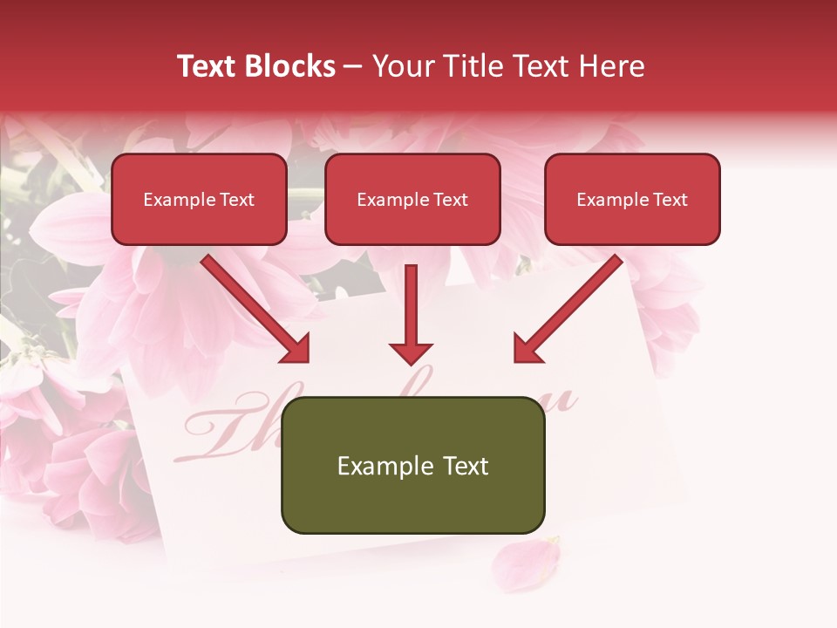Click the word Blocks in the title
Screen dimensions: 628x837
pos(291,66)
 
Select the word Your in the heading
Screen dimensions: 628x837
pos(398,66)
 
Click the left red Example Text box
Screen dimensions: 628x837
pos(199,200)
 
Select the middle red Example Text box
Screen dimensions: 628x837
pos(412,200)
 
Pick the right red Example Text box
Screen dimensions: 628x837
pos(632,200)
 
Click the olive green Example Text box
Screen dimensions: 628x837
pos(412,466)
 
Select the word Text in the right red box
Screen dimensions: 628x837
pos(670,200)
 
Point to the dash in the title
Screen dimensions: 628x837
pos(353,67)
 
